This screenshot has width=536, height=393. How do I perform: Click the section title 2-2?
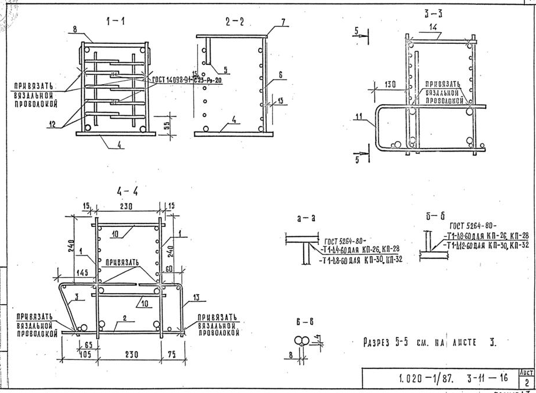click(x=234, y=22)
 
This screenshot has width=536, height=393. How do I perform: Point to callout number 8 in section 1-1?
click(x=75, y=29)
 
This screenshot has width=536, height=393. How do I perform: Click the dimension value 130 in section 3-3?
click(x=391, y=85)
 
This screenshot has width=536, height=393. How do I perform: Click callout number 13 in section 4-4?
click(x=196, y=298)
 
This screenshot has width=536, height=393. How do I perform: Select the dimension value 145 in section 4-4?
click(x=82, y=271)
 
